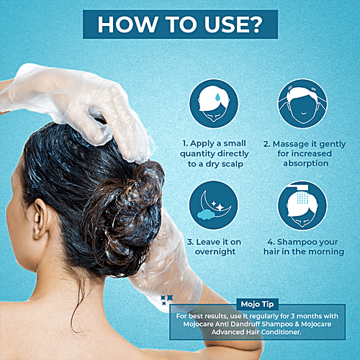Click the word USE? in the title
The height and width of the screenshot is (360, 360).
pyautogui.click(x=233, y=24)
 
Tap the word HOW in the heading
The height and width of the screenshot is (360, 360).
pyautogui.click(x=127, y=24)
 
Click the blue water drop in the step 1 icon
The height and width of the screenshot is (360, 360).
pyautogui.click(x=217, y=97)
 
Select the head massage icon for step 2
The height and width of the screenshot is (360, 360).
pyautogui.click(x=302, y=104)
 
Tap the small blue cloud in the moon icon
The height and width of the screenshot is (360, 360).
pyautogui.click(x=206, y=215)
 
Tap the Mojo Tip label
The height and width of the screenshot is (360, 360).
pyautogui.click(x=257, y=305)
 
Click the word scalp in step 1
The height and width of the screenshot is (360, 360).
pyautogui.click(x=233, y=164)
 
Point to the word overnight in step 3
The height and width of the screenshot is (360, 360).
pyautogui.click(x=215, y=252)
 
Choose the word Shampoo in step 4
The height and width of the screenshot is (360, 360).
pyautogui.click(x=294, y=242)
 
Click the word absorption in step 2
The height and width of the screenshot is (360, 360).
pyautogui.click(x=305, y=163)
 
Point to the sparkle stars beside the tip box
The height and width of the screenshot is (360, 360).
pyautogui.click(x=167, y=300)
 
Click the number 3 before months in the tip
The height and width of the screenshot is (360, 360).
pyautogui.click(x=293, y=316)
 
